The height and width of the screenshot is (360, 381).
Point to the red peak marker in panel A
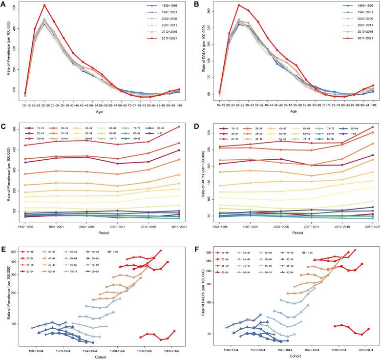44,5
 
